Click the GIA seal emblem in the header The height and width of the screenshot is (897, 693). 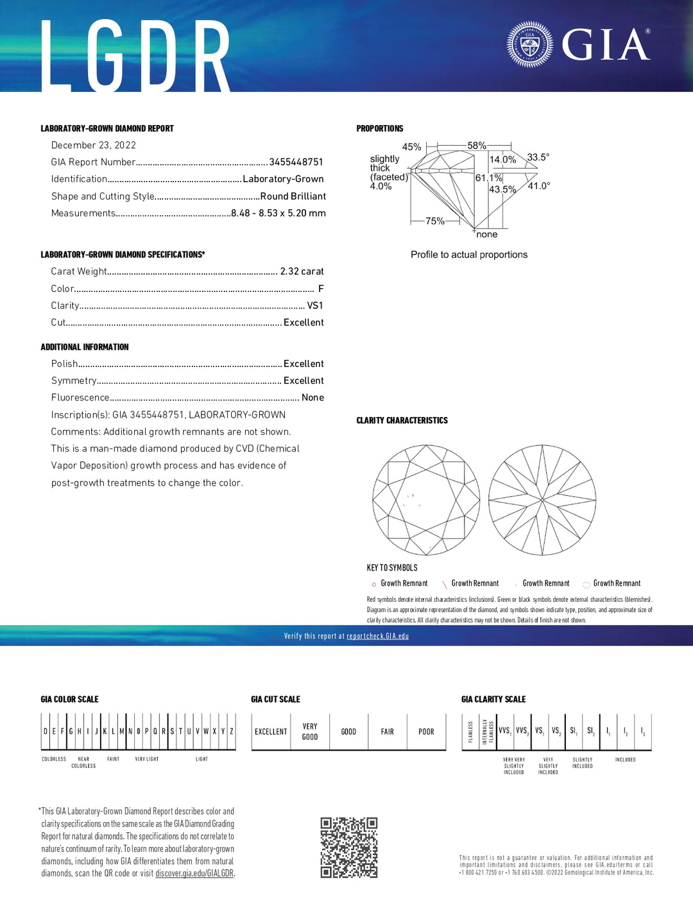coord(529,45)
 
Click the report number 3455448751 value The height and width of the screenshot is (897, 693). coord(296,162)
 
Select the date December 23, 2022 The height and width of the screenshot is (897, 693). coord(94,145)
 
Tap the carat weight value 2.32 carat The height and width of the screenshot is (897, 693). coord(302,271)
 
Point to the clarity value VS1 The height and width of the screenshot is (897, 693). coord(315,305)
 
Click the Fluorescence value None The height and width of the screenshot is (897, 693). coord(312,398)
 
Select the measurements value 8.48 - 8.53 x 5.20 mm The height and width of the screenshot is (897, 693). coord(278,213)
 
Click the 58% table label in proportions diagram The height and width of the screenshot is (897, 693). coord(476,146)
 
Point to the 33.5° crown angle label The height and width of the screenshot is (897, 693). coord(538,157)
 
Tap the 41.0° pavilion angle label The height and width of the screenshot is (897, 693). coord(538,186)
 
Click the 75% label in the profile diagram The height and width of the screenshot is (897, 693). coord(435,221)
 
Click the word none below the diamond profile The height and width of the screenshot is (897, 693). coord(486,235)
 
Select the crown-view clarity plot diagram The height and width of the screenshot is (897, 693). coord(426,500)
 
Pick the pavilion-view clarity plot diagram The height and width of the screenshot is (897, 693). coord(542,500)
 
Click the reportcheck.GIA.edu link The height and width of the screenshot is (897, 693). coord(377,636)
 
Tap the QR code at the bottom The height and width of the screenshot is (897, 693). coord(349,847)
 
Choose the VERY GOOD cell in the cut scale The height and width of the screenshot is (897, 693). coord(310,731)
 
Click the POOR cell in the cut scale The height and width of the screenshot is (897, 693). coord(426,731)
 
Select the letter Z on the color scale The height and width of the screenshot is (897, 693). coord(231,731)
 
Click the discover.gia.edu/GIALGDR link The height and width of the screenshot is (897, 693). coord(194,873)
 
